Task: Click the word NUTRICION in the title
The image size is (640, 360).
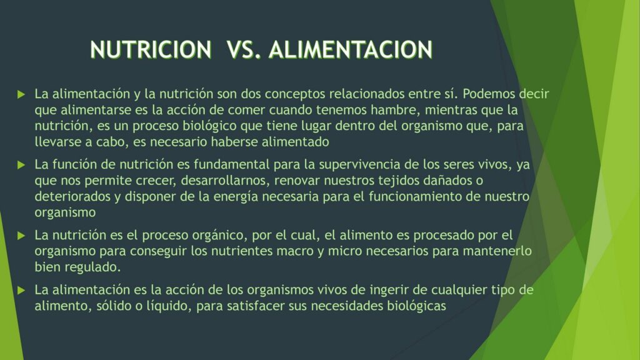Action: pyautogui.click(x=151, y=49)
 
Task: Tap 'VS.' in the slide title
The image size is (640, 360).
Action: pyautogui.click(x=244, y=49)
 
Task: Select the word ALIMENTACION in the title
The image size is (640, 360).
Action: pyautogui.click(x=351, y=49)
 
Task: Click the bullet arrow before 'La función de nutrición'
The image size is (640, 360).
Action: pyautogui.click(x=21, y=165)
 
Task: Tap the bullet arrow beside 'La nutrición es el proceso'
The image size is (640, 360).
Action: pyautogui.click(x=21, y=236)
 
